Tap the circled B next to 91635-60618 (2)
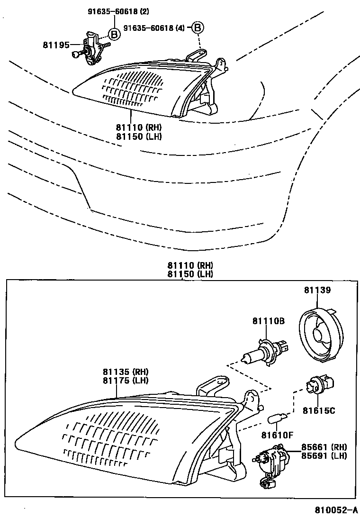(114, 34)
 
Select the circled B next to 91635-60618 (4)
(198, 28)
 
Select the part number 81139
(317, 290)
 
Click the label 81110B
(268, 321)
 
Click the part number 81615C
(319, 410)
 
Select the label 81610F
(278, 435)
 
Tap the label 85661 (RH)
(324, 447)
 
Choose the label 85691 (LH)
(324, 456)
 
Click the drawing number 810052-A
(336, 510)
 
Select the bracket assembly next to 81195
(93, 48)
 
